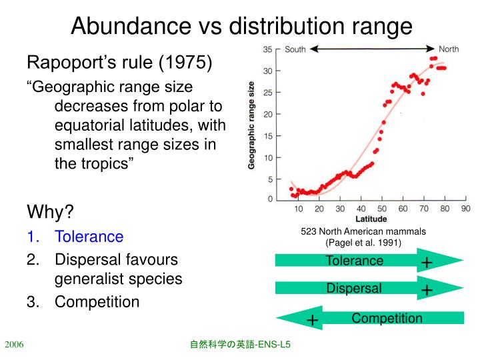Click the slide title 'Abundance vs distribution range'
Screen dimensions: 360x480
point(241,26)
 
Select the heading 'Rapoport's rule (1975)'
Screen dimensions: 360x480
point(119,63)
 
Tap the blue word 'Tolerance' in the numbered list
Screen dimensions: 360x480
point(89,236)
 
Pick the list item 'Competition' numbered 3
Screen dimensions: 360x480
point(97,302)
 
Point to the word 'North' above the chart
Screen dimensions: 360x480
point(449,49)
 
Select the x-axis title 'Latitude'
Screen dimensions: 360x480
point(371,219)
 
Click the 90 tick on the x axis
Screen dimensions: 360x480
point(465,209)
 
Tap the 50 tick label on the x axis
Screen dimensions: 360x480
point(382,209)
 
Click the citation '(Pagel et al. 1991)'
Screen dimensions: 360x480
point(363,242)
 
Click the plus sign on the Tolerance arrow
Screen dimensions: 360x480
point(427,263)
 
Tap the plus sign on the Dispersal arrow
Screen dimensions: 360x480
point(427,290)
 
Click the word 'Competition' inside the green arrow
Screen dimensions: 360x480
point(387,318)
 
